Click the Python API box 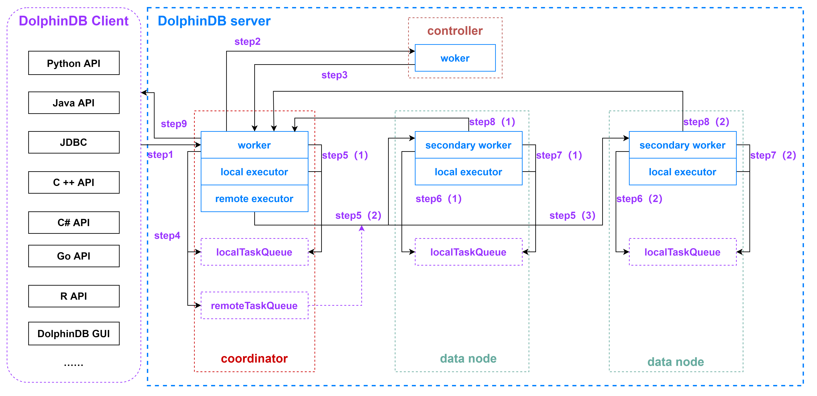74,63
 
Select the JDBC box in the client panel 74,142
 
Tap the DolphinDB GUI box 74,334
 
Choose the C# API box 74,223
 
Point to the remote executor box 254,199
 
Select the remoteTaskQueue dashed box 254,306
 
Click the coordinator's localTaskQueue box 254,252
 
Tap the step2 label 247,41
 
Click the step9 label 174,124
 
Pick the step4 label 167,236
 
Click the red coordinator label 254,359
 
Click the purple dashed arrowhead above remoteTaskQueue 361,228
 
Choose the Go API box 74,256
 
